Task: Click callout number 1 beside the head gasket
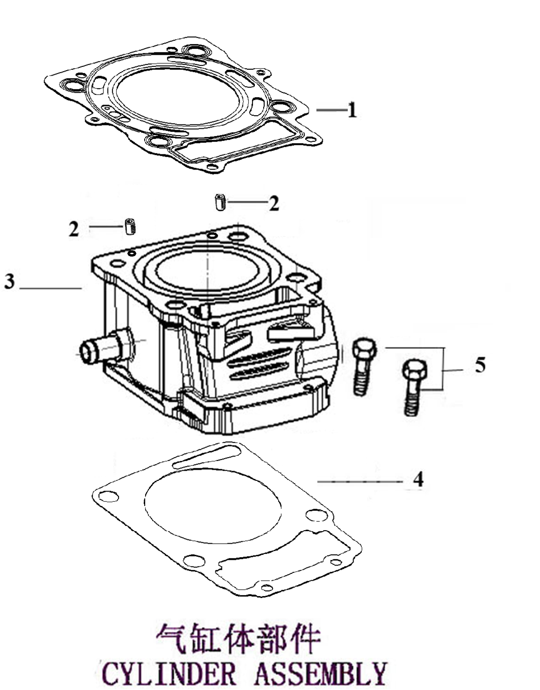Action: pyautogui.click(x=353, y=110)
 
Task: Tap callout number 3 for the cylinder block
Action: pyautogui.click(x=9, y=282)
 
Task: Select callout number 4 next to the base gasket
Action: pyautogui.click(x=419, y=479)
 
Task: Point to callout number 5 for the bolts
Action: pyautogui.click(x=480, y=365)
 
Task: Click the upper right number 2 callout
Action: pyautogui.click(x=274, y=203)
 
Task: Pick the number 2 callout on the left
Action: pyautogui.click(x=73, y=229)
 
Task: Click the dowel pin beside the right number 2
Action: pyautogui.click(x=220, y=203)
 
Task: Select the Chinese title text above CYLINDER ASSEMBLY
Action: pyautogui.click(x=238, y=639)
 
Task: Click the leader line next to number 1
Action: pyautogui.click(x=331, y=110)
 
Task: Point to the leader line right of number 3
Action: pyautogui.click(x=50, y=289)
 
